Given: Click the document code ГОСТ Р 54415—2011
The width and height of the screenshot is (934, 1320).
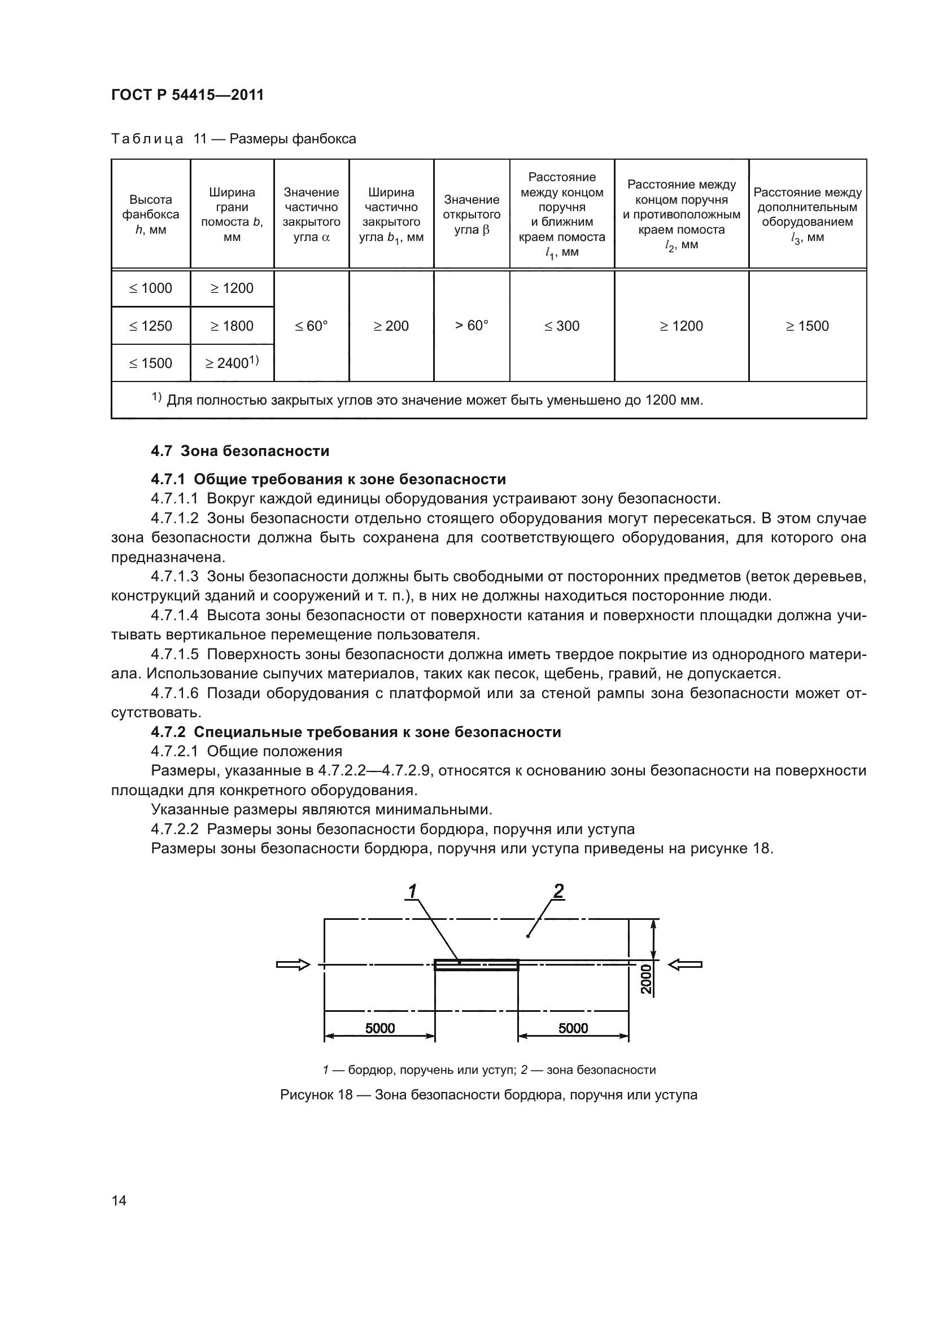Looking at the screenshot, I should tap(187, 95).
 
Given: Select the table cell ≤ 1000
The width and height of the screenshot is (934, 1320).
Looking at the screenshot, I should tap(151, 288).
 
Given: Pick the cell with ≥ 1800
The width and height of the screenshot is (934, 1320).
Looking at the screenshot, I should tap(232, 326).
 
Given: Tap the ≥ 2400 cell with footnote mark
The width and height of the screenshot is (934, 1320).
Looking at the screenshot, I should tap(232, 363).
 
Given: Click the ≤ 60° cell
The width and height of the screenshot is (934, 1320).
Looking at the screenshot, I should tap(311, 326).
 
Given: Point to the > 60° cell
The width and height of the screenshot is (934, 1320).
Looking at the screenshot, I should tap(472, 326).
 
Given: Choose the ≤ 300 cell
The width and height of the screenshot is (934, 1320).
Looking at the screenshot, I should tap(562, 326).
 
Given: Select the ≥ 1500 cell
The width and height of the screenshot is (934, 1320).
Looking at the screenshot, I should tap(808, 326).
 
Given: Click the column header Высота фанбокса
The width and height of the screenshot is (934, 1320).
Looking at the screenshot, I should tap(151, 214).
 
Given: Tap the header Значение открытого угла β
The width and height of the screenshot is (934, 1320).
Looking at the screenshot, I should tap(472, 214).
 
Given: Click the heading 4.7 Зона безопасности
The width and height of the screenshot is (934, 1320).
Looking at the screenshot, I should tap(240, 451).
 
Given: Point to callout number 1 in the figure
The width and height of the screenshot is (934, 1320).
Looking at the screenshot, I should tap(412, 891).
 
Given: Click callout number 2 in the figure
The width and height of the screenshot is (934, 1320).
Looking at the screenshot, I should tap(558, 891).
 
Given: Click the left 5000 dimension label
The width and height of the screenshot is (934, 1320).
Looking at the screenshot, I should tap(380, 1028).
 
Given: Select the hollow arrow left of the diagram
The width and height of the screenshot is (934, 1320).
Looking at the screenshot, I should tap(293, 964).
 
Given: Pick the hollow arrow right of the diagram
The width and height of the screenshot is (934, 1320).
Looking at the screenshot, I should tap(686, 964).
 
